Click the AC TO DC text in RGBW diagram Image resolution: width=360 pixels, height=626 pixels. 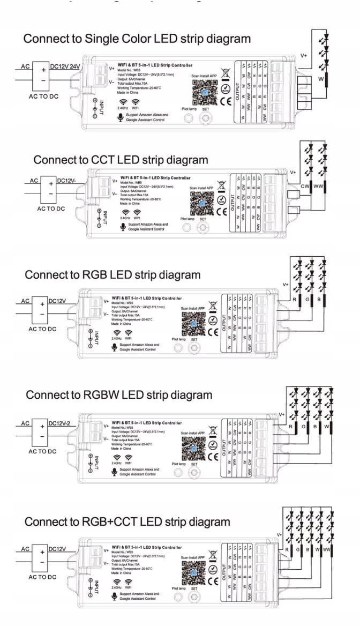coord(42,451)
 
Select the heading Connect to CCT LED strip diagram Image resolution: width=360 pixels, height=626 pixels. coord(121,160)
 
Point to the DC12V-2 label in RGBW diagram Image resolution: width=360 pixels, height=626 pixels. coord(63,423)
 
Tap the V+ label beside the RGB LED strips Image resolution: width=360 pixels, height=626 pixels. coord(286,285)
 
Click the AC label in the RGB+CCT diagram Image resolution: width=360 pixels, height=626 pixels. coord(25,549)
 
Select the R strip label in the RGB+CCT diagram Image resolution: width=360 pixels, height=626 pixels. coord(288,549)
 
